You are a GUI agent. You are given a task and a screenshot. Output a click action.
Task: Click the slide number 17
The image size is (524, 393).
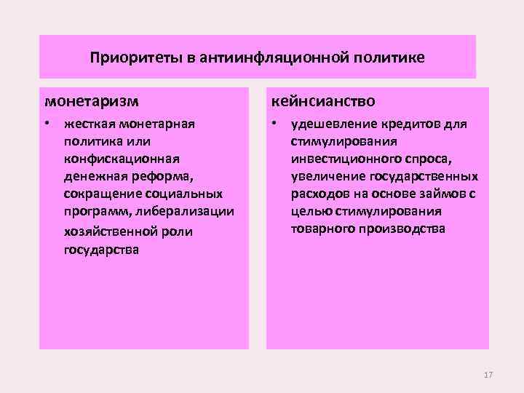click(488, 374)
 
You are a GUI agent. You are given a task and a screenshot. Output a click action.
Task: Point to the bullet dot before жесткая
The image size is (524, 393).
click(47, 122)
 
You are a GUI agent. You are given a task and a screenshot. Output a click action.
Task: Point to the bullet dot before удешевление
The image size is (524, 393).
click(274, 122)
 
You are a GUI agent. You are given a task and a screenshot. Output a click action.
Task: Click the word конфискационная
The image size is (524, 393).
click(120, 158)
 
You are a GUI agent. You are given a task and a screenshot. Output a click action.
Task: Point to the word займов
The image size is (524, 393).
click(439, 194)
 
